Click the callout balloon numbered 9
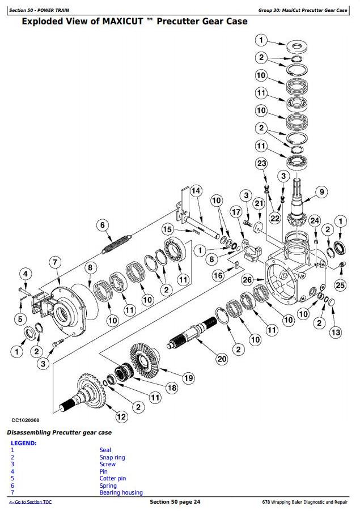click(x=321, y=192)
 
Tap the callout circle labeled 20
click(x=221, y=358)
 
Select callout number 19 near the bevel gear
click(x=188, y=378)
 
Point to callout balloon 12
click(x=120, y=417)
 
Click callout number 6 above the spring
click(x=103, y=225)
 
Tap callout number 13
click(x=336, y=332)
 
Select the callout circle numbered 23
click(x=261, y=164)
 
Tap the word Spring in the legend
click(x=108, y=486)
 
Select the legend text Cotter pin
click(x=112, y=478)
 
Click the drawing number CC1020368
click(x=25, y=420)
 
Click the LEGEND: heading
click(x=23, y=443)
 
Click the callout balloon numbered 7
click(x=54, y=262)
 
